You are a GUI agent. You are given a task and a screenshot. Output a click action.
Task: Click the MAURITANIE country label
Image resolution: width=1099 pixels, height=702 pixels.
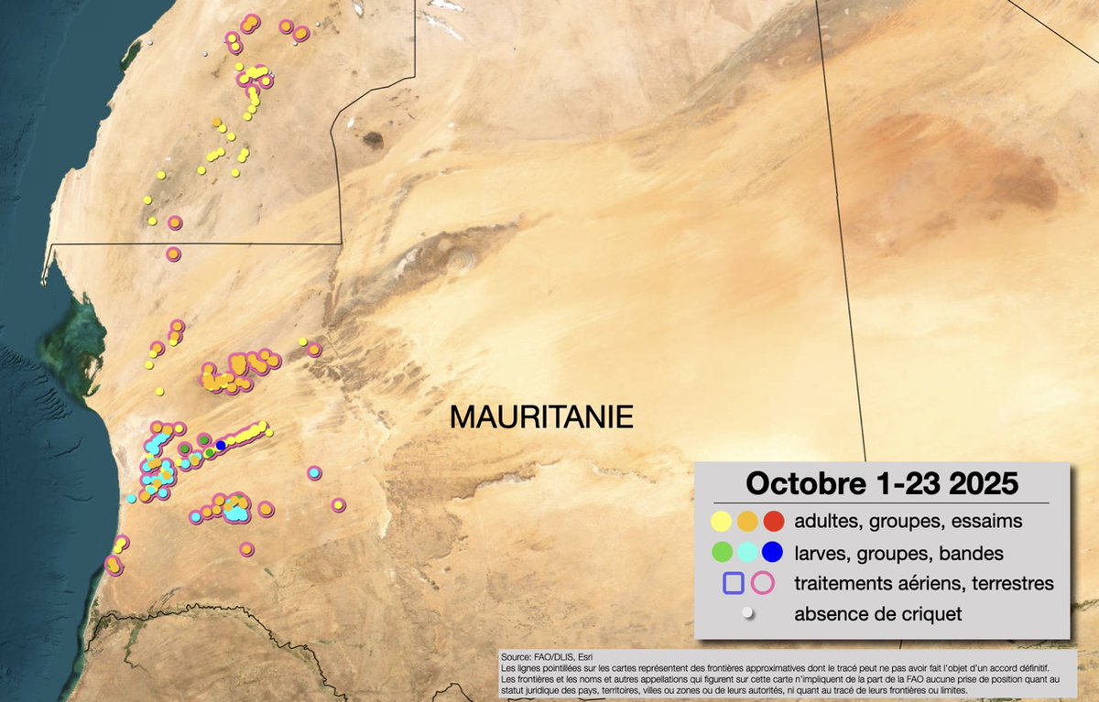[x=541, y=417]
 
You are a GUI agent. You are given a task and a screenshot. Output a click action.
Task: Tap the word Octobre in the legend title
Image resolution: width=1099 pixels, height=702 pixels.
[x=796, y=482]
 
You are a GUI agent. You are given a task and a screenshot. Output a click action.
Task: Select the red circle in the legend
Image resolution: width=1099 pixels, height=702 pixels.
[x=773, y=521]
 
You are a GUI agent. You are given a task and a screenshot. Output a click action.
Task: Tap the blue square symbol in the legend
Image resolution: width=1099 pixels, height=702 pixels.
[x=733, y=583]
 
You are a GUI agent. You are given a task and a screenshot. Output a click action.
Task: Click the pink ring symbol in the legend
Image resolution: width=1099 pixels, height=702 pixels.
[x=762, y=583]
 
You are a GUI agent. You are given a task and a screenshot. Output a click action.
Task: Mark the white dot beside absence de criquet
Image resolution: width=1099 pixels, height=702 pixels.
[x=747, y=614]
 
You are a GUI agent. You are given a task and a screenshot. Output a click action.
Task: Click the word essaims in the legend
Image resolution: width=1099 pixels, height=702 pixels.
[x=987, y=521]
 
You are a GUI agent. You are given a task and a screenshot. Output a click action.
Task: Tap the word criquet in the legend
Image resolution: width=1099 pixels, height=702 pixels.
[x=932, y=614]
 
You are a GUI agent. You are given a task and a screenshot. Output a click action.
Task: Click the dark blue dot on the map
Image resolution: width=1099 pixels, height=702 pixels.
[x=221, y=445]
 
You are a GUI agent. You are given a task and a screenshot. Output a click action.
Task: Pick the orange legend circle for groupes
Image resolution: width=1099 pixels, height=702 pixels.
[x=747, y=521]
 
